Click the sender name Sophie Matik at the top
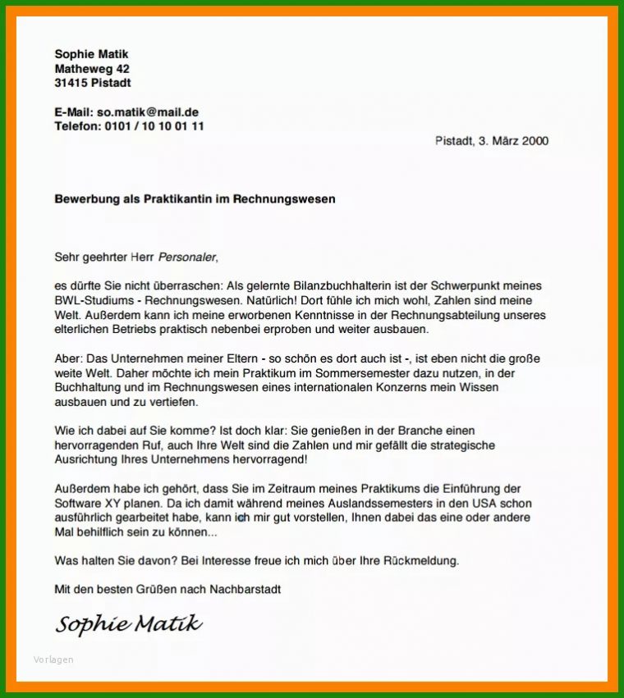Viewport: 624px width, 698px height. pyautogui.click(x=91, y=54)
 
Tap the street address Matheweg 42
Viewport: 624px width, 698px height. pyautogui.click(x=91, y=69)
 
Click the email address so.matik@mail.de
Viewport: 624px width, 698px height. pyautogui.click(x=148, y=112)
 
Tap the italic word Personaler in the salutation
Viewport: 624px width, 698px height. pyautogui.click(x=186, y=257)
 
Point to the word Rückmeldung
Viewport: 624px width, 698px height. pyautogui.click(x=418, y=561)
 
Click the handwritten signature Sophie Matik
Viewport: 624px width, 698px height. pyautogui.click(x=128, y=624)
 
